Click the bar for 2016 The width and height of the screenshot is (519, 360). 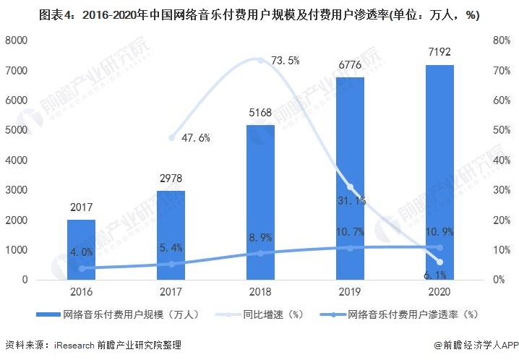81,249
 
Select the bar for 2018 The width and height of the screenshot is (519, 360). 260,202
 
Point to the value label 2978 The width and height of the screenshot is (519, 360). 171,178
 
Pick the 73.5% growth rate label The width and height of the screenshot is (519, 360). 285,61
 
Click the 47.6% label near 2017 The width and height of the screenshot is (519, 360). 194,137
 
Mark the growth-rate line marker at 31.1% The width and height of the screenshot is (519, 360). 350,187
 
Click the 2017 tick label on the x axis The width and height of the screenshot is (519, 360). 171,292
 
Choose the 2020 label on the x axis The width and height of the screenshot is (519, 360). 439,292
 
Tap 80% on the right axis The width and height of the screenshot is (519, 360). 502,41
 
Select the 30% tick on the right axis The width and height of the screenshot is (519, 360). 502,190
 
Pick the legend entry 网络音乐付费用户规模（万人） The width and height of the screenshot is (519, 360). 119,314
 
